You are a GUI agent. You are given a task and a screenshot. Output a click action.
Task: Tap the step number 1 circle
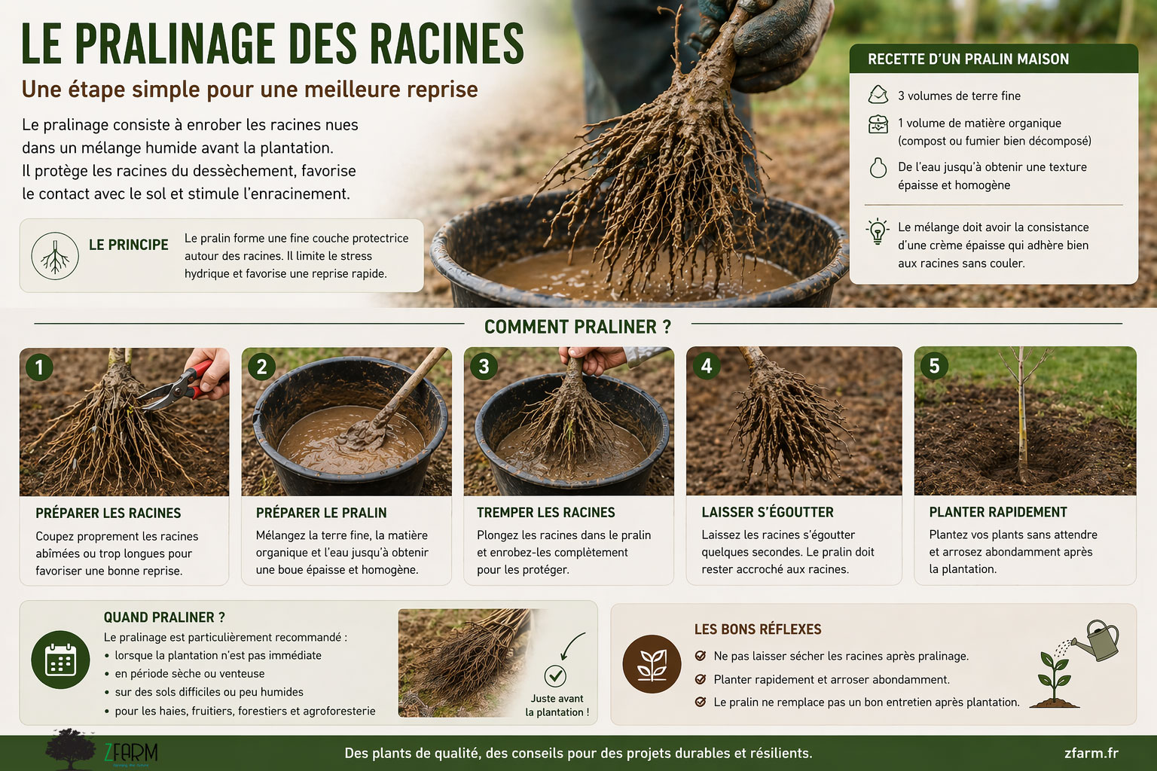pos(39,367)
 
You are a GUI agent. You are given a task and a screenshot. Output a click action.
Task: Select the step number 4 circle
pos(706,366)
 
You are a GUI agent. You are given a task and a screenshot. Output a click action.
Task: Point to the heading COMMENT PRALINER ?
pos(578,326)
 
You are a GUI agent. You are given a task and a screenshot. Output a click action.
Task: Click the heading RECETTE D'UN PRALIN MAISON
pos(968,59)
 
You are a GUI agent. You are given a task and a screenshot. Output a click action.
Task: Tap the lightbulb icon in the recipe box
pos(878,231)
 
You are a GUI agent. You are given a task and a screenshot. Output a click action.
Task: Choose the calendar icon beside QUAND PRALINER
pos(60,660)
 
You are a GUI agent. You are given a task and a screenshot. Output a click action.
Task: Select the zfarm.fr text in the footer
pos(1091,753)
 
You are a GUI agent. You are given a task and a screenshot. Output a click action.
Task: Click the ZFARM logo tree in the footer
pos(70,749)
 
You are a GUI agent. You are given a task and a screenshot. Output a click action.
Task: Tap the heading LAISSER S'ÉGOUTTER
pos(767,512)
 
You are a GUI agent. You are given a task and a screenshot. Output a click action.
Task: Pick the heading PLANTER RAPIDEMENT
pos(998,512)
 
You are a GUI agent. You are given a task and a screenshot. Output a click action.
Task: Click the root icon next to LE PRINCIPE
pos(55,256)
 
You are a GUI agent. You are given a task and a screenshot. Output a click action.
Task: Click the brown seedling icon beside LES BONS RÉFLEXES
pos(652,663)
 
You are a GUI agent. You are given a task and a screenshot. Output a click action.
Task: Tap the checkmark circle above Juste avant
pos(555,675)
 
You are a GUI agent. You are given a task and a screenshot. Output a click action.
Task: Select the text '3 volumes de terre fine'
pos(959,96)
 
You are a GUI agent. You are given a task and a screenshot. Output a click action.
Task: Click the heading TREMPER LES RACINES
pos(545,512)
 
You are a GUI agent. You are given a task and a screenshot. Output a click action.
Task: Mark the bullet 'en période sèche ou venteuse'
pos(190,673)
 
